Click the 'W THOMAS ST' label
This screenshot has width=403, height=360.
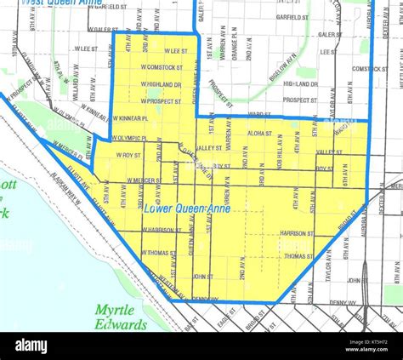[x=159, y=253]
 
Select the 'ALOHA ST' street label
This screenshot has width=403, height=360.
[x=259, y=134]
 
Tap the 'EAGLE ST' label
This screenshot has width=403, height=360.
[x=226, y=322]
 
